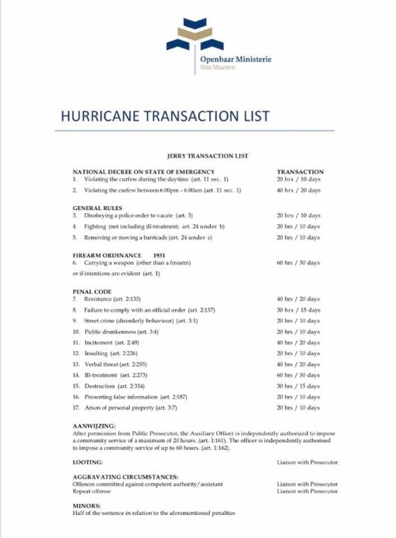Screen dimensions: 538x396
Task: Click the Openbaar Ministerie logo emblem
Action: [195, 36]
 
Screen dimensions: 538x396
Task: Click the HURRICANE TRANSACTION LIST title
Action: [165, 116]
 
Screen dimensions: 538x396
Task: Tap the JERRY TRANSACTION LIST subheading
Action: [197, 157]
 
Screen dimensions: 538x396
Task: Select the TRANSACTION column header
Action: [299, 171]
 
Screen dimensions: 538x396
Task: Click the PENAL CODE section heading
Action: [92, 292]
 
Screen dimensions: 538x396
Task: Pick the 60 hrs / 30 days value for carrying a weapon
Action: [298, 262]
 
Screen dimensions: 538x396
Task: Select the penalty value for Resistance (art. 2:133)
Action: [298, 299]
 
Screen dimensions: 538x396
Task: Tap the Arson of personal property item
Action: [131, 407]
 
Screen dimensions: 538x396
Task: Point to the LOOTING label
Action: [87, 461]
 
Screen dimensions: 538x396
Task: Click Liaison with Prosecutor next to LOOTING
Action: [307, 461]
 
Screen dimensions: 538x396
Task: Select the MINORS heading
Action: [86, 505]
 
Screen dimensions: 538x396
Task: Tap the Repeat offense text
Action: [92, 491]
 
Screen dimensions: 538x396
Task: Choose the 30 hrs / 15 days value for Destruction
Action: [298, 386]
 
